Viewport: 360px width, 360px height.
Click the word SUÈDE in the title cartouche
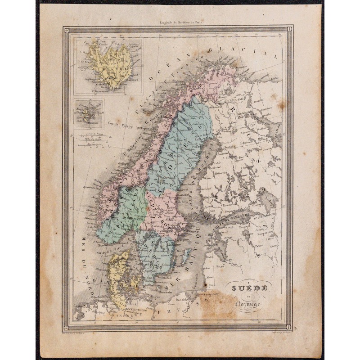pos(245,288)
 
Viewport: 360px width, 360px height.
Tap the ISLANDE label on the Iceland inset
pos(106,70)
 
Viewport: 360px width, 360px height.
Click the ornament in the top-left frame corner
pos(67,31)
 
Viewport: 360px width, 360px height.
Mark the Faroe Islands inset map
pos(89,114)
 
